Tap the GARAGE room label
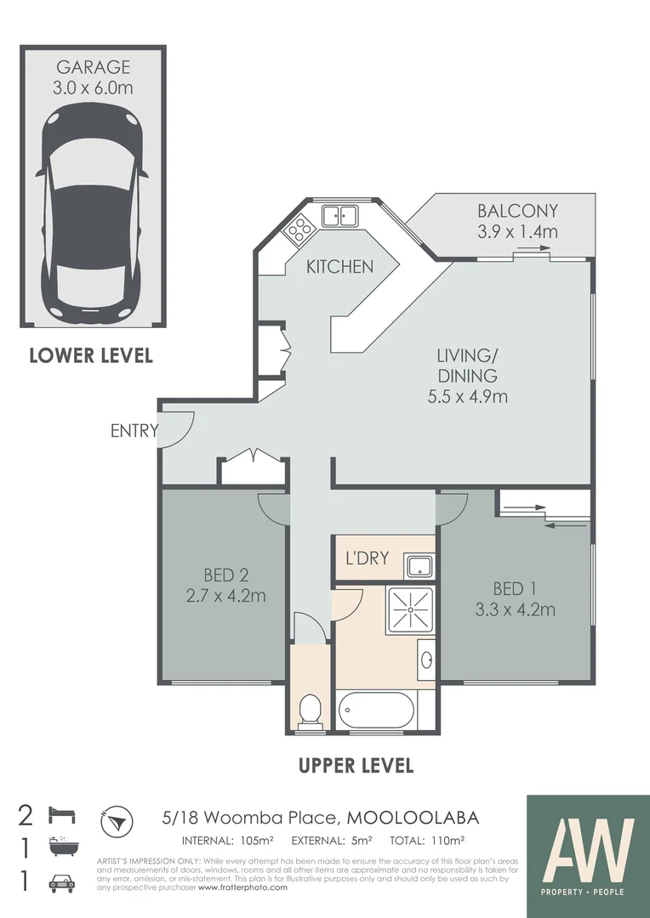pos(93,67)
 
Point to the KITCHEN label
pos(339,267)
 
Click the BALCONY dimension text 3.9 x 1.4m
pos(517,231)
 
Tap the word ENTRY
pos(134,431)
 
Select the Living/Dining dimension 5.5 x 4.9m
pos(467,396)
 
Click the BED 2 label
pos(225,575)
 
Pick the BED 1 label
pos(515,588)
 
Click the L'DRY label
pos(367,558)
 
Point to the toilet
pos(310,711)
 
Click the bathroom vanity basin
pos(427,660)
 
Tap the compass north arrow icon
pos(117,820)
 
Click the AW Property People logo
pos(587,850)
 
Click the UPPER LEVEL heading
pos(356,765)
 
